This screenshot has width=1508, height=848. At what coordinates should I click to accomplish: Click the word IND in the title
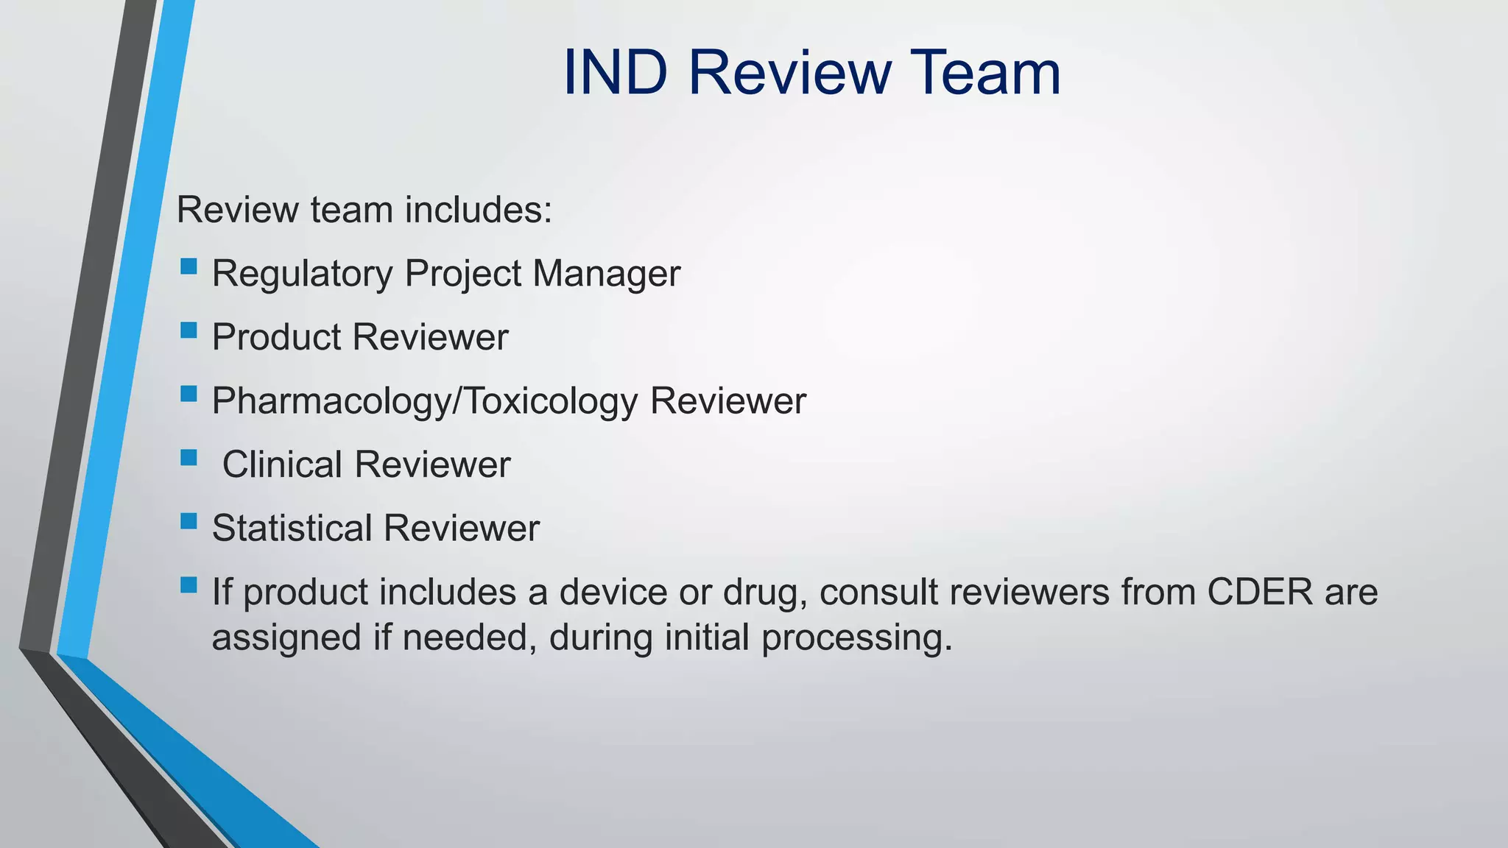(616, 72)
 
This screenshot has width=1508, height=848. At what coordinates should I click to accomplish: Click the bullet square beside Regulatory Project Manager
(188, 266)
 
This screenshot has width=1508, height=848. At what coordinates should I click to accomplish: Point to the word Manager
(606, 274)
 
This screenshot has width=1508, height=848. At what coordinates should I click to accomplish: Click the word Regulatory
(303, 274)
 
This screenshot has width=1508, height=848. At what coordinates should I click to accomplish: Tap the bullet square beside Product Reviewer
(188, 330)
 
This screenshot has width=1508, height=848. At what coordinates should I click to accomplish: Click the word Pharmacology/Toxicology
(425, 401)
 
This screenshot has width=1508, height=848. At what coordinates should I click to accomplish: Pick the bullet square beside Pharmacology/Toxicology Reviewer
(188, 394)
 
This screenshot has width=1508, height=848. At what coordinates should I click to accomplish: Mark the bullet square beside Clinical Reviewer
(188, 458)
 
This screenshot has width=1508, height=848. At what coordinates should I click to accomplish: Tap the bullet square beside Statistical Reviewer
(188, 521)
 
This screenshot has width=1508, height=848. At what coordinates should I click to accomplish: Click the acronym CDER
(1260, 592)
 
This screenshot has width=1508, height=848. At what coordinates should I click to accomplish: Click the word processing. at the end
(857, 637)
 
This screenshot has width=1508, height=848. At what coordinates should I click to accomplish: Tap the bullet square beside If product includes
(188, 585)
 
